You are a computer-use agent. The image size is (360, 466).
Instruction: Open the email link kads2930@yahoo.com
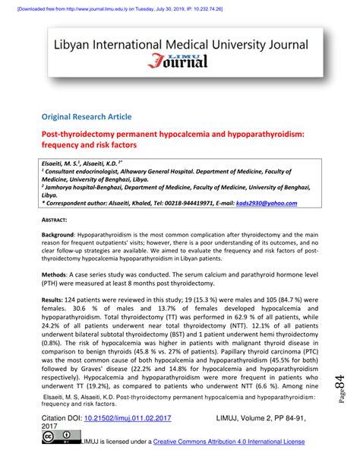click(279, 203)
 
